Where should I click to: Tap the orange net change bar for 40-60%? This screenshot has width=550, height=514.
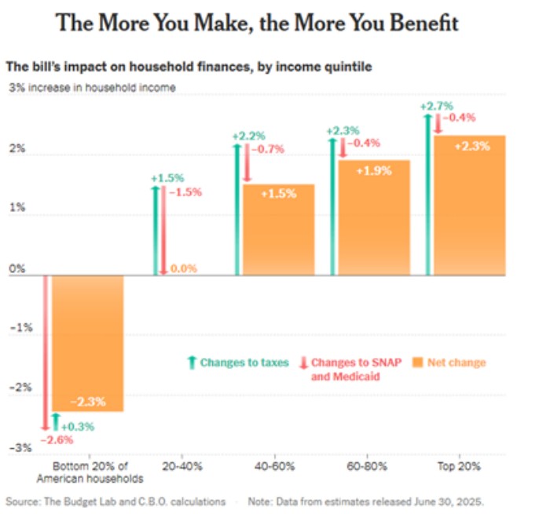coord(279,229)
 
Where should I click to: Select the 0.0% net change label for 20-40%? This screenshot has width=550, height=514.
coord(184,268)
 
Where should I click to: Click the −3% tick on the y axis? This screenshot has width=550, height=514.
coord(20,448)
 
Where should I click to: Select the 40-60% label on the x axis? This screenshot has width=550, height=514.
coord(275,465)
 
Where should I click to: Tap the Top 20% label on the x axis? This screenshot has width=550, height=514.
coord(466,465)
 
